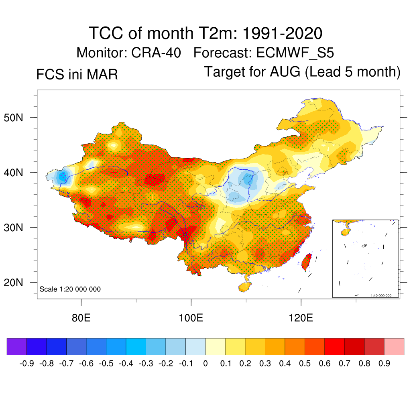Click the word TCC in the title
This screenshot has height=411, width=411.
click(x=106, y=33)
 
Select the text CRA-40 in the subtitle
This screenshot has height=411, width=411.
click(x=157, y=53)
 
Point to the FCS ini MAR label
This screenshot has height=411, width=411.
click(x=77, y=75)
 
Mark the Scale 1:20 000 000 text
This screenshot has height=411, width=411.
click(x=70, y=289)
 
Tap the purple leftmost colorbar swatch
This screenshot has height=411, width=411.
click(x=17, y=346)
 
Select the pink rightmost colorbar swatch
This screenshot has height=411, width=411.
click(x=394, y=346)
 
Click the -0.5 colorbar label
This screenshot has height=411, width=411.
click(x=106, y=364)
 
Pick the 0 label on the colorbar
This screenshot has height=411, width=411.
click(x=205, y=364)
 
